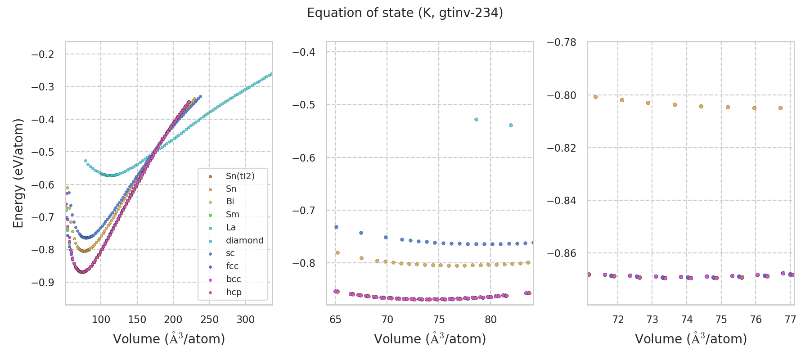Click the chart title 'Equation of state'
(405, 13)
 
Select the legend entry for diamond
(244, 240)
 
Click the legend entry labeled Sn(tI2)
(240, 176)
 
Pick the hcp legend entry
(234, 292)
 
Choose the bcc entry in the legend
(233, 279)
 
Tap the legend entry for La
(230, 227)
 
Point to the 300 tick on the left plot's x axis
(245, 320)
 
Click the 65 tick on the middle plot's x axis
(335, 320)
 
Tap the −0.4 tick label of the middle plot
(303, 52)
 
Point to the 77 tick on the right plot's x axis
(790, 320)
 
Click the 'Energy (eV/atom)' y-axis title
(18, 173)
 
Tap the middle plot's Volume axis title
(430, 339)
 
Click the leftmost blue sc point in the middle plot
(336, 227)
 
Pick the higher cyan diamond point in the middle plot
(476, 120)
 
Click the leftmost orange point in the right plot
(595, 97)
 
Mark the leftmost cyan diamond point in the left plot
(85, 161)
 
